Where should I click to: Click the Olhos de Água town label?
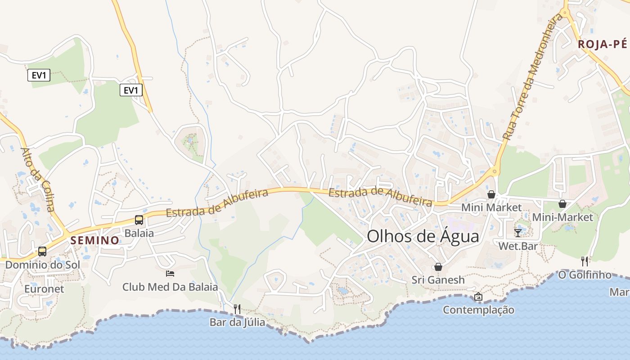[423, 236]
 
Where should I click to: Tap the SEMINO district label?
[94, 240]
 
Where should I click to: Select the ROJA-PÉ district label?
[602, 44]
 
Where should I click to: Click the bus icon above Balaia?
[139, 220]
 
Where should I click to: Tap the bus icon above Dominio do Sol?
[42, 252]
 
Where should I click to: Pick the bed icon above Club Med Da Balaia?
[170, 273]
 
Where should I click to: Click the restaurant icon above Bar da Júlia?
[237, 309]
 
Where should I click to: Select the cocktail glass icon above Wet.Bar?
[518, 233]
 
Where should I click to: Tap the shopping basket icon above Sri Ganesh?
[438, 267]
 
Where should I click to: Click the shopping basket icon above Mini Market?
[491, 194]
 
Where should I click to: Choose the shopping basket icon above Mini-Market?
[562, 204]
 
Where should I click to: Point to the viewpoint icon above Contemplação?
[478, 297]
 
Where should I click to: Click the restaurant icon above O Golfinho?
[585, 261]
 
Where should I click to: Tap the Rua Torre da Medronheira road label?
[533, 76]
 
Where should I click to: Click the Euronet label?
[44, 289]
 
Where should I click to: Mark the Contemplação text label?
[478, 310]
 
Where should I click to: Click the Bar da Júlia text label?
[237, 322]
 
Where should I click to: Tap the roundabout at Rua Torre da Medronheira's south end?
[495, 171]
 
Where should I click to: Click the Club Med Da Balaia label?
[170, 287]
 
